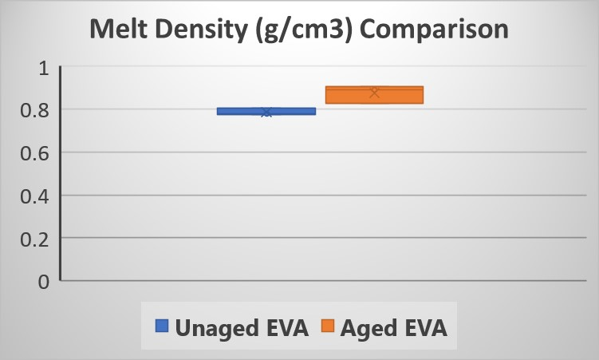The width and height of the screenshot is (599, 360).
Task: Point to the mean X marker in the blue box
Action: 266,112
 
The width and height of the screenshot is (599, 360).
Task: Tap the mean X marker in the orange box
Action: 374,93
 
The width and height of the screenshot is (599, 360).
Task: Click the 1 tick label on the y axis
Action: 44,69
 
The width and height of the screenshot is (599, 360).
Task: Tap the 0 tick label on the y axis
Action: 44,281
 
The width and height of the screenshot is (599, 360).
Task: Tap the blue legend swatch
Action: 162,326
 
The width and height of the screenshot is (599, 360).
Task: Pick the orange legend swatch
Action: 326,326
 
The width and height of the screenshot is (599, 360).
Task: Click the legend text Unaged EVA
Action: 242,326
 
